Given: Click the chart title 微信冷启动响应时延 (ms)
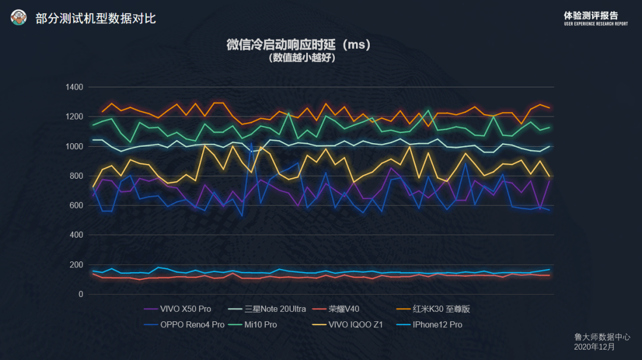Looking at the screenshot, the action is tap(298, 44).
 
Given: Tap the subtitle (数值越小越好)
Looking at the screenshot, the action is tap(302, 58).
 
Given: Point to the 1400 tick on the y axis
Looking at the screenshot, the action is tap(74, 87).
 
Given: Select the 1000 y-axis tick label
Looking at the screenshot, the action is tap(74, 147).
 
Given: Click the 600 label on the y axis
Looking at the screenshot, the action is tap(76, 206).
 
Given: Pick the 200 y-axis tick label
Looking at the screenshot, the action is tap(76, 265).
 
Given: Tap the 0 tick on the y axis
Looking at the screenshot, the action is tap(81, 294).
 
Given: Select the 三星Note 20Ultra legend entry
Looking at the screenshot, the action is tap(267, 309).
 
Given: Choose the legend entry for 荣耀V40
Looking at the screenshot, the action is tap(336, 309).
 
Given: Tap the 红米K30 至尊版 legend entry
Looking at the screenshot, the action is tap(433, 309).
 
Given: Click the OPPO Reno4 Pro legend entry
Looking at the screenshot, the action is tap(184, 324).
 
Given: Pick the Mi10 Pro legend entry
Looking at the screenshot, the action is tap(253, 324).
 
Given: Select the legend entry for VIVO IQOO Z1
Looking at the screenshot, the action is tap(348, 324).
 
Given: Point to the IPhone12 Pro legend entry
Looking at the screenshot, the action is tap(430, 324).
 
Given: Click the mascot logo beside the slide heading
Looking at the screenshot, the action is tap(18, 18).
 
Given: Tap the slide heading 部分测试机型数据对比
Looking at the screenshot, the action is tap(95, 18).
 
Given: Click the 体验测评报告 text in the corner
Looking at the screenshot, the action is tap(591, 15).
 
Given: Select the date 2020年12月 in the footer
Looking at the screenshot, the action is tap(594, 347).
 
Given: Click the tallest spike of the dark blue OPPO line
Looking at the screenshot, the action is tap(251, 143).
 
